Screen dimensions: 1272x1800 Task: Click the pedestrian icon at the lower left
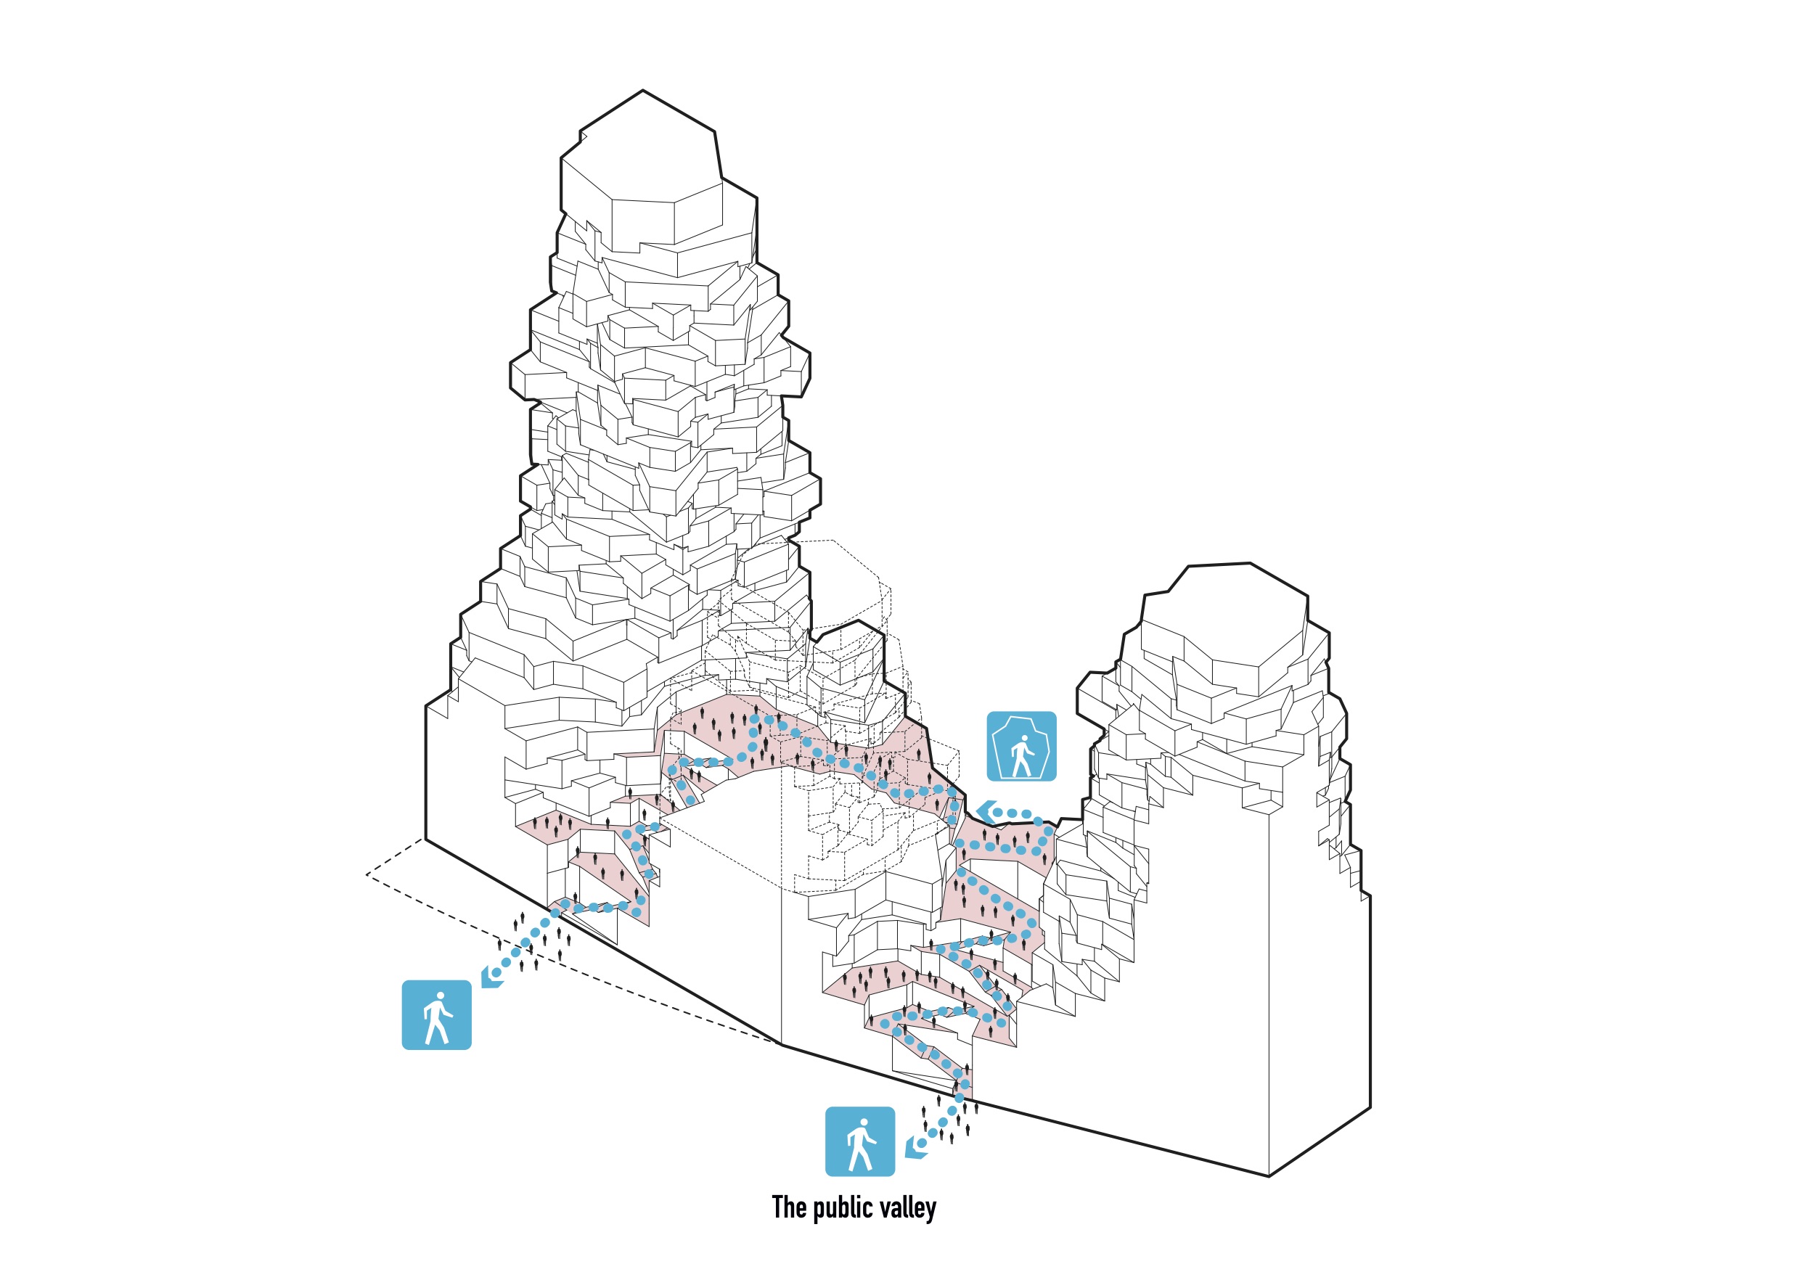tap(437, 1016)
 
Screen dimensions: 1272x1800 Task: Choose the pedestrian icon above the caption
tap(860, 1142)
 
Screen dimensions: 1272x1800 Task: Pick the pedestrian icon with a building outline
tap(1020, 747)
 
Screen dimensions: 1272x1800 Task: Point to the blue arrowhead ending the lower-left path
tap(491, 977)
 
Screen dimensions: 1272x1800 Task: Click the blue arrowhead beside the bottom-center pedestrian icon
tap(914, 1149)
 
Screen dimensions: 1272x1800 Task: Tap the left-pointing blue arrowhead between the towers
tap(986, 812)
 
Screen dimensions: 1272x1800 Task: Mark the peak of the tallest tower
tap(643, 91)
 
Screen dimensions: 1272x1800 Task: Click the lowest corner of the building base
tap(1269, 1176)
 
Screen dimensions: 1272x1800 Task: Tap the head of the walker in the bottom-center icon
tap(863, 1123)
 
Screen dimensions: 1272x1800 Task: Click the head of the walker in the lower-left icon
tap(440, 997)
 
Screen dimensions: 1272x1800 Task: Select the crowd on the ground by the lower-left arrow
tap(533, 940)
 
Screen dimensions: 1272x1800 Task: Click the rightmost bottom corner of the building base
tap(1370, 1107)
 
